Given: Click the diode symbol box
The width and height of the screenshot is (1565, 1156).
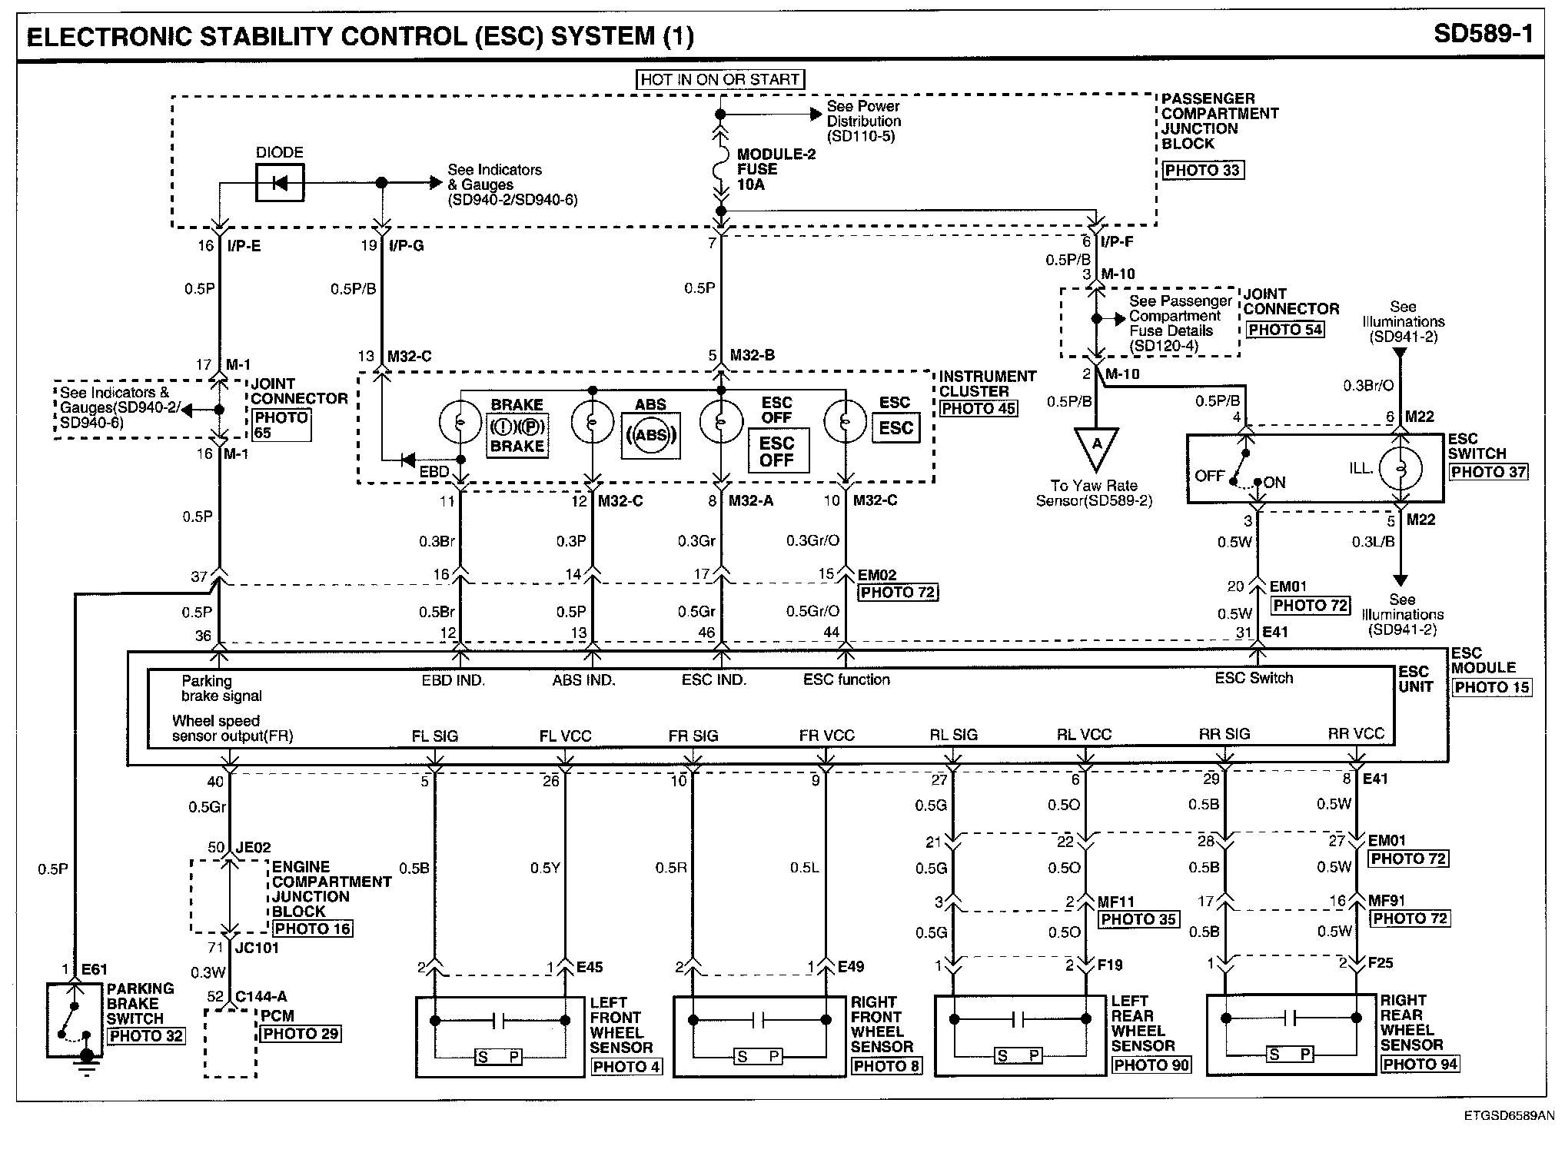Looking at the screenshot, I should [x=280, y=183].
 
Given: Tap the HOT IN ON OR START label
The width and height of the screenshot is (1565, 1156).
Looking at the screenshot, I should [x=720, y=79].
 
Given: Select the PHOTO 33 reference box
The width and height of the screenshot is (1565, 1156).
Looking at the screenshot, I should [x=1202, y=170].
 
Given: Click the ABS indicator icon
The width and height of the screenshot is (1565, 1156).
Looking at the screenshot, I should [x=651, y=436].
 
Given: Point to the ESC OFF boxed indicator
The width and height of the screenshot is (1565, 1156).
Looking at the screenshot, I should [x=777, y=452].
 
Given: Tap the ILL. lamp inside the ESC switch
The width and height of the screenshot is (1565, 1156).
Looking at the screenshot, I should [x=1401, y=467].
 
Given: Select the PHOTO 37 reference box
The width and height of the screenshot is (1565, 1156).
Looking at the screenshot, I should [x=1488, y=472].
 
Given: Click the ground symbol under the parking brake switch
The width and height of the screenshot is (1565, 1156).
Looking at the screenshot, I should [x=87, y=1064].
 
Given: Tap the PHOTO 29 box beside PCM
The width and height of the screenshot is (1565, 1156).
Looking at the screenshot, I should [x=301, y=1034].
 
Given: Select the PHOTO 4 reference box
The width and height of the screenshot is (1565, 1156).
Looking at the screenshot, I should [x=626, y=1067].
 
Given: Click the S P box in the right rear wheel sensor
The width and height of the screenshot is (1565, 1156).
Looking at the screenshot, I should [x=1290, y=1055].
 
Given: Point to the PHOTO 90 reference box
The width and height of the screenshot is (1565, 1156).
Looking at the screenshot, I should [x=1151, y=1065].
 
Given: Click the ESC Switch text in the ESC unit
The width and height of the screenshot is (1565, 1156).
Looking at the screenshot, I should [x=1254, y=678].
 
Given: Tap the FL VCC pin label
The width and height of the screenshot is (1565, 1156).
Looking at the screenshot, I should [x=565, y=736].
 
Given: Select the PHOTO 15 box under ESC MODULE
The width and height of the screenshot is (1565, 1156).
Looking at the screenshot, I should [x=1491, y=687].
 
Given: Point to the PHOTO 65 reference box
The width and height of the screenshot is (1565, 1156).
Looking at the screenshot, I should [x=281, y=425].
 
